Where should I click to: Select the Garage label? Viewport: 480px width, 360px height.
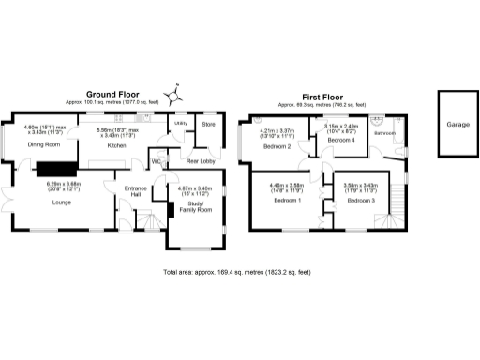457,124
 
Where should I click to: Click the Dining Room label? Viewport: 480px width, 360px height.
43,145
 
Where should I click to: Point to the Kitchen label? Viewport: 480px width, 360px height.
116,145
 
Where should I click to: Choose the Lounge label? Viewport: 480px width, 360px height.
61,202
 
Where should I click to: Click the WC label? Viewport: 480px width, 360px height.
156,160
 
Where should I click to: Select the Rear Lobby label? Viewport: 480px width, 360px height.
202,160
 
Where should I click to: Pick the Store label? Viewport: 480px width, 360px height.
208,123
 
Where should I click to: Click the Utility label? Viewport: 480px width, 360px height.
179,122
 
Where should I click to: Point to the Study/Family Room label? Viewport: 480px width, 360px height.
195,206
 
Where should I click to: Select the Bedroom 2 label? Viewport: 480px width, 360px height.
277,146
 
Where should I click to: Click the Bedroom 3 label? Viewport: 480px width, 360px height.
360,201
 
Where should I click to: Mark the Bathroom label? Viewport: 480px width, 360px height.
385,133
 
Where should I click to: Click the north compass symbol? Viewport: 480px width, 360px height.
172,95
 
